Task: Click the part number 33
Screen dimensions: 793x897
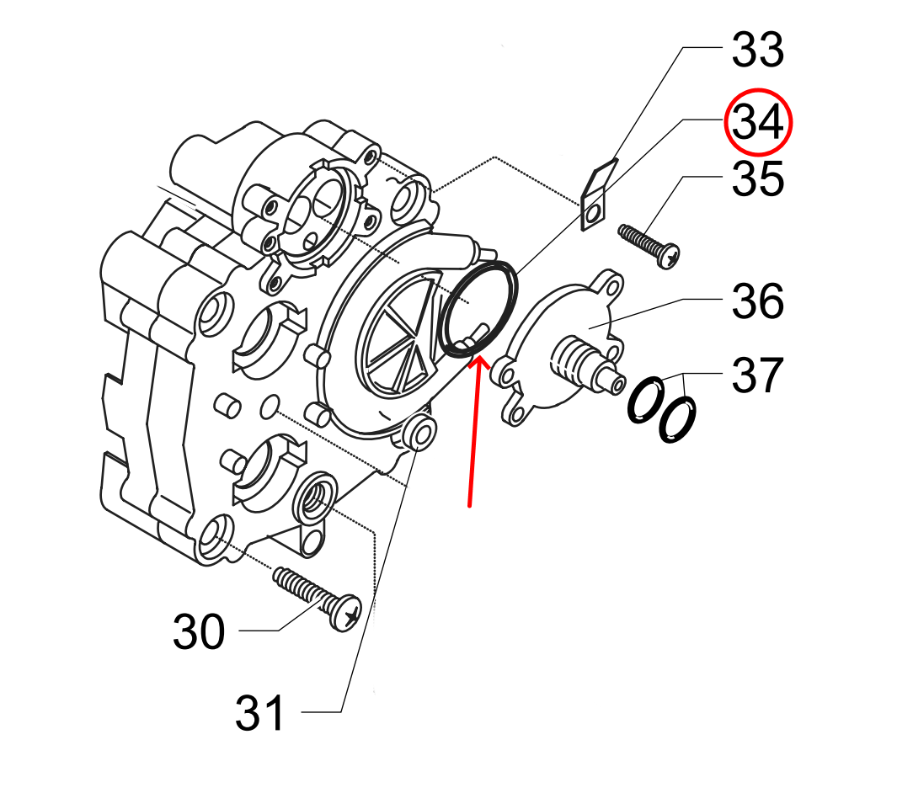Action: tap(757, 51)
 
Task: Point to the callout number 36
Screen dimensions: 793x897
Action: tap(757, 301)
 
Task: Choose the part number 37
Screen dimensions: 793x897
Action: tap(757, 375)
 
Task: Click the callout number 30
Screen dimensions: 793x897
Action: tap(200, 632)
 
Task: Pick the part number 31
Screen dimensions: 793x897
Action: tap(260, 714)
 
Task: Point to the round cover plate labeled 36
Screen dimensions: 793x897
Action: tap(556, 337)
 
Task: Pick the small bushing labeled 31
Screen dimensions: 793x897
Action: tap(419, 434)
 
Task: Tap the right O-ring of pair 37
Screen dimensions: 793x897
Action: tap(676, 418)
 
